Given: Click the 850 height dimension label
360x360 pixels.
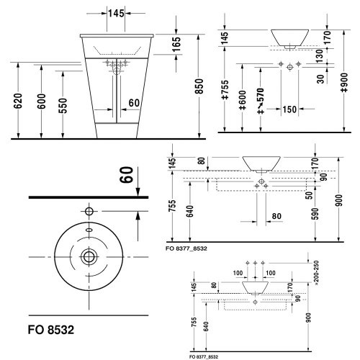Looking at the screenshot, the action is (x=199, y=86).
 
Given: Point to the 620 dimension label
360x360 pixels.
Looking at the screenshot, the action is (x=18, y=101).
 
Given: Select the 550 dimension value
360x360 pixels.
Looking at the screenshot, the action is (x=63, y=106).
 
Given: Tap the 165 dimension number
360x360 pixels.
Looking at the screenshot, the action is (x=176, y=44).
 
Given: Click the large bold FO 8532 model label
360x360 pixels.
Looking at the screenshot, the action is (x=51, y=330).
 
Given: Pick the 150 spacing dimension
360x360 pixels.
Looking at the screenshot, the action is (x=289, y=109).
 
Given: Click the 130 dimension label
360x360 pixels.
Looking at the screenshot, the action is (x=320, y=56).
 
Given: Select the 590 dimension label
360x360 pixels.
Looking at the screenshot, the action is (x=315, y=214).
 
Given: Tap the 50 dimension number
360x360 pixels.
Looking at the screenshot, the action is (x=310, y=195).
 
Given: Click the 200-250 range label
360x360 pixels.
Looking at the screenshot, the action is (x=316, y=273).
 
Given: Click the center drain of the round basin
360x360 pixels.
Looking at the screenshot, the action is (x=89, y=257).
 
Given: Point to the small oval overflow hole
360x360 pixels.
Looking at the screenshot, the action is (x=89, y=230).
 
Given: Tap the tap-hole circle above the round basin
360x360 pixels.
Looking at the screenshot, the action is (x=89, y=212).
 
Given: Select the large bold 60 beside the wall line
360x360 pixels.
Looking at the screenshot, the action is (x=127, y=175).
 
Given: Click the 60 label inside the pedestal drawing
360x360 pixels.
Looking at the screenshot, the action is (x=134, y=103).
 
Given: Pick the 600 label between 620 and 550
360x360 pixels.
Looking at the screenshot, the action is (x=41, y=101).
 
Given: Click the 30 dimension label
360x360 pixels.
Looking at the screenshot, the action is (x=320, y=79).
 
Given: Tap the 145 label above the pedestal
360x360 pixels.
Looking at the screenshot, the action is (x=116, y=14).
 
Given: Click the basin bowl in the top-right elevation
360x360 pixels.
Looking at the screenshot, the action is (x=290, y=38).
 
